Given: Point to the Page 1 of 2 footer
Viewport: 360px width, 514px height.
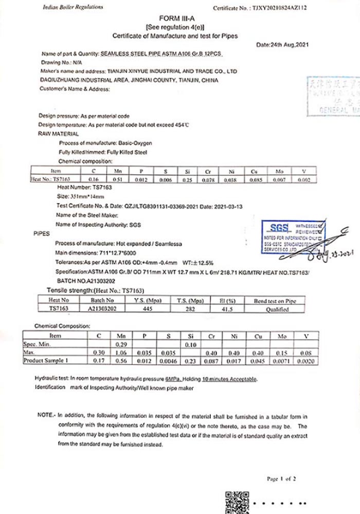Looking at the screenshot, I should coord(281,479).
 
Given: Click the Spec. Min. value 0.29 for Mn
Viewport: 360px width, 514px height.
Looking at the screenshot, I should coord(121,344).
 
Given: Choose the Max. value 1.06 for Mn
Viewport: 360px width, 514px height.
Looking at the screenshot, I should coord(121,352).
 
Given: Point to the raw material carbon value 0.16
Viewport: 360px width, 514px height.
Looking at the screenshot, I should coord(94,179).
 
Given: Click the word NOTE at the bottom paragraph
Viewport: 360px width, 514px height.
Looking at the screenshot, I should coord(45,414).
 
